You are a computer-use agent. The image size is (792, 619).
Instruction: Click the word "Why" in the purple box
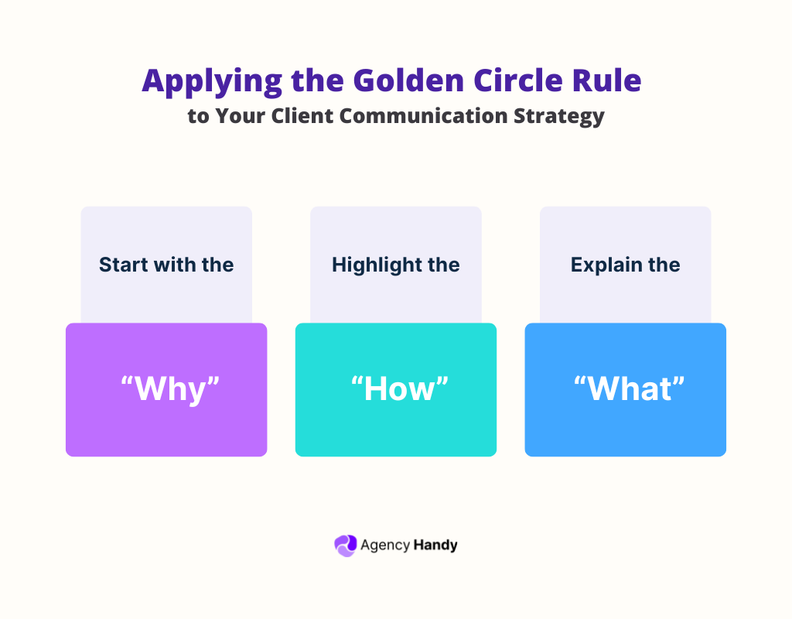[166, 389]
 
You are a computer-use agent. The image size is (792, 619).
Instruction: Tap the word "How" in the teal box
[395, 389]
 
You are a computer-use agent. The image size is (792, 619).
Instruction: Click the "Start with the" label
[166, 265]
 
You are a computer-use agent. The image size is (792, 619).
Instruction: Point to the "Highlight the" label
[395, 265]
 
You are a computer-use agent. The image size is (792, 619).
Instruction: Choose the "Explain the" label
[625, 265]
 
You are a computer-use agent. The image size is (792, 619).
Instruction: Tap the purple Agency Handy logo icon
[345, 545]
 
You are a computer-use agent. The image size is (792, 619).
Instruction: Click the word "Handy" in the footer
[435, 545]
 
